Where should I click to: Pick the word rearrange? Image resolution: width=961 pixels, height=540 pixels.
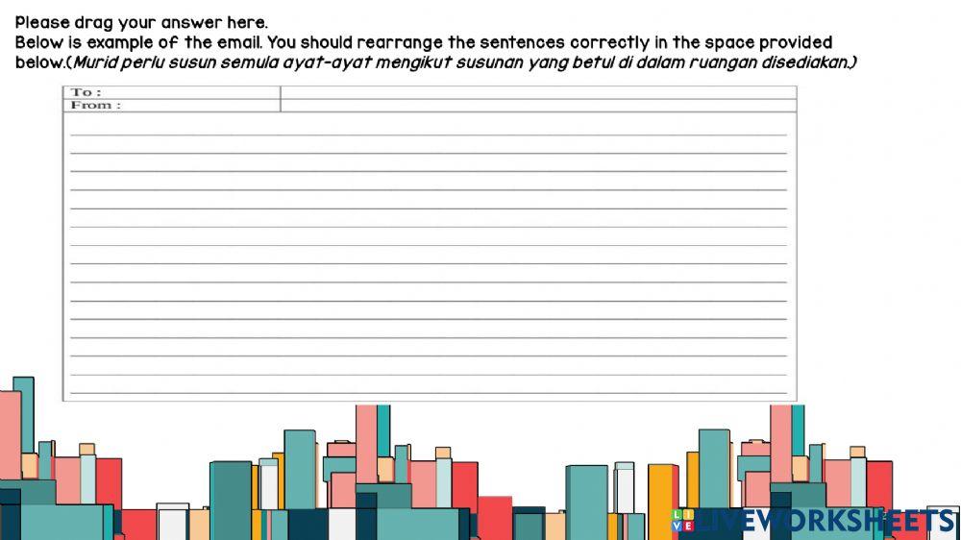click(399, 43)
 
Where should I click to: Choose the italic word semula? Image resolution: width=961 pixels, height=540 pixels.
click(231, 63)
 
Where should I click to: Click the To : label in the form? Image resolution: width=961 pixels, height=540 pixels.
click(86, 92)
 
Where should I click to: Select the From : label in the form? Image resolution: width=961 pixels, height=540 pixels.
click(95, 105)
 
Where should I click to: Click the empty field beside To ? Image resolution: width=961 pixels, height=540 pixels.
click(538, 92)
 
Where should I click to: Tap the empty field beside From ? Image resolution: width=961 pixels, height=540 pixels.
click(538, 105)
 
